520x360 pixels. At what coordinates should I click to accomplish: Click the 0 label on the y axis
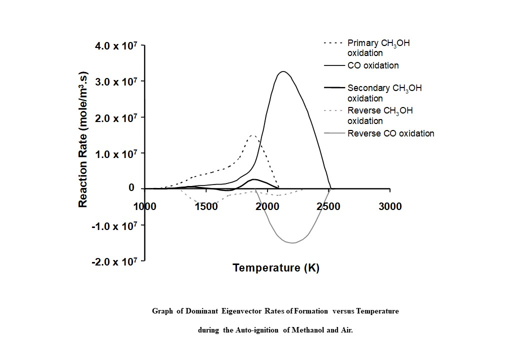[x=131, y=188]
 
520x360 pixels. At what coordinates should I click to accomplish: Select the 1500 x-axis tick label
[x=206, y=206]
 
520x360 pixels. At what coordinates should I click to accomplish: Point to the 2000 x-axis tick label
[x=267, y=206]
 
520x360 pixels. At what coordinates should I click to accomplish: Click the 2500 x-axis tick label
[x=329, y=206]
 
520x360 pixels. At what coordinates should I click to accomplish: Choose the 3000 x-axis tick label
[x=390, y=206]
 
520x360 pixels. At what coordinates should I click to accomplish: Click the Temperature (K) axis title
[x=275, y=268]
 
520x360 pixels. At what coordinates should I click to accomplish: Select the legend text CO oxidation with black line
[x=373, y=65]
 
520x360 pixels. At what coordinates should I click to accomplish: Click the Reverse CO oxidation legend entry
[x=390, y=133]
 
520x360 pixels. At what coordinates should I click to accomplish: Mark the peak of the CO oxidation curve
[x=283, y=71]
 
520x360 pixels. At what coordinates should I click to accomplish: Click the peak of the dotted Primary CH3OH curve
[x=252, y=135]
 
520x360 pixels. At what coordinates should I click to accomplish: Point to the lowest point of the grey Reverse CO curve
[x=293, y=242]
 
